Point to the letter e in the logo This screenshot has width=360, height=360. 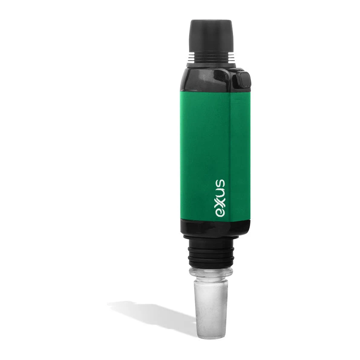click(220, 213)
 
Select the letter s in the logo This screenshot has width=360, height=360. click(220, 183)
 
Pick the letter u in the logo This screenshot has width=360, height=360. click(220, 191)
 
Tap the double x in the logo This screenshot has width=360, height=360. click(220, 202)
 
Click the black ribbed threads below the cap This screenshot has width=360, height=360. click(211, 57)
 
